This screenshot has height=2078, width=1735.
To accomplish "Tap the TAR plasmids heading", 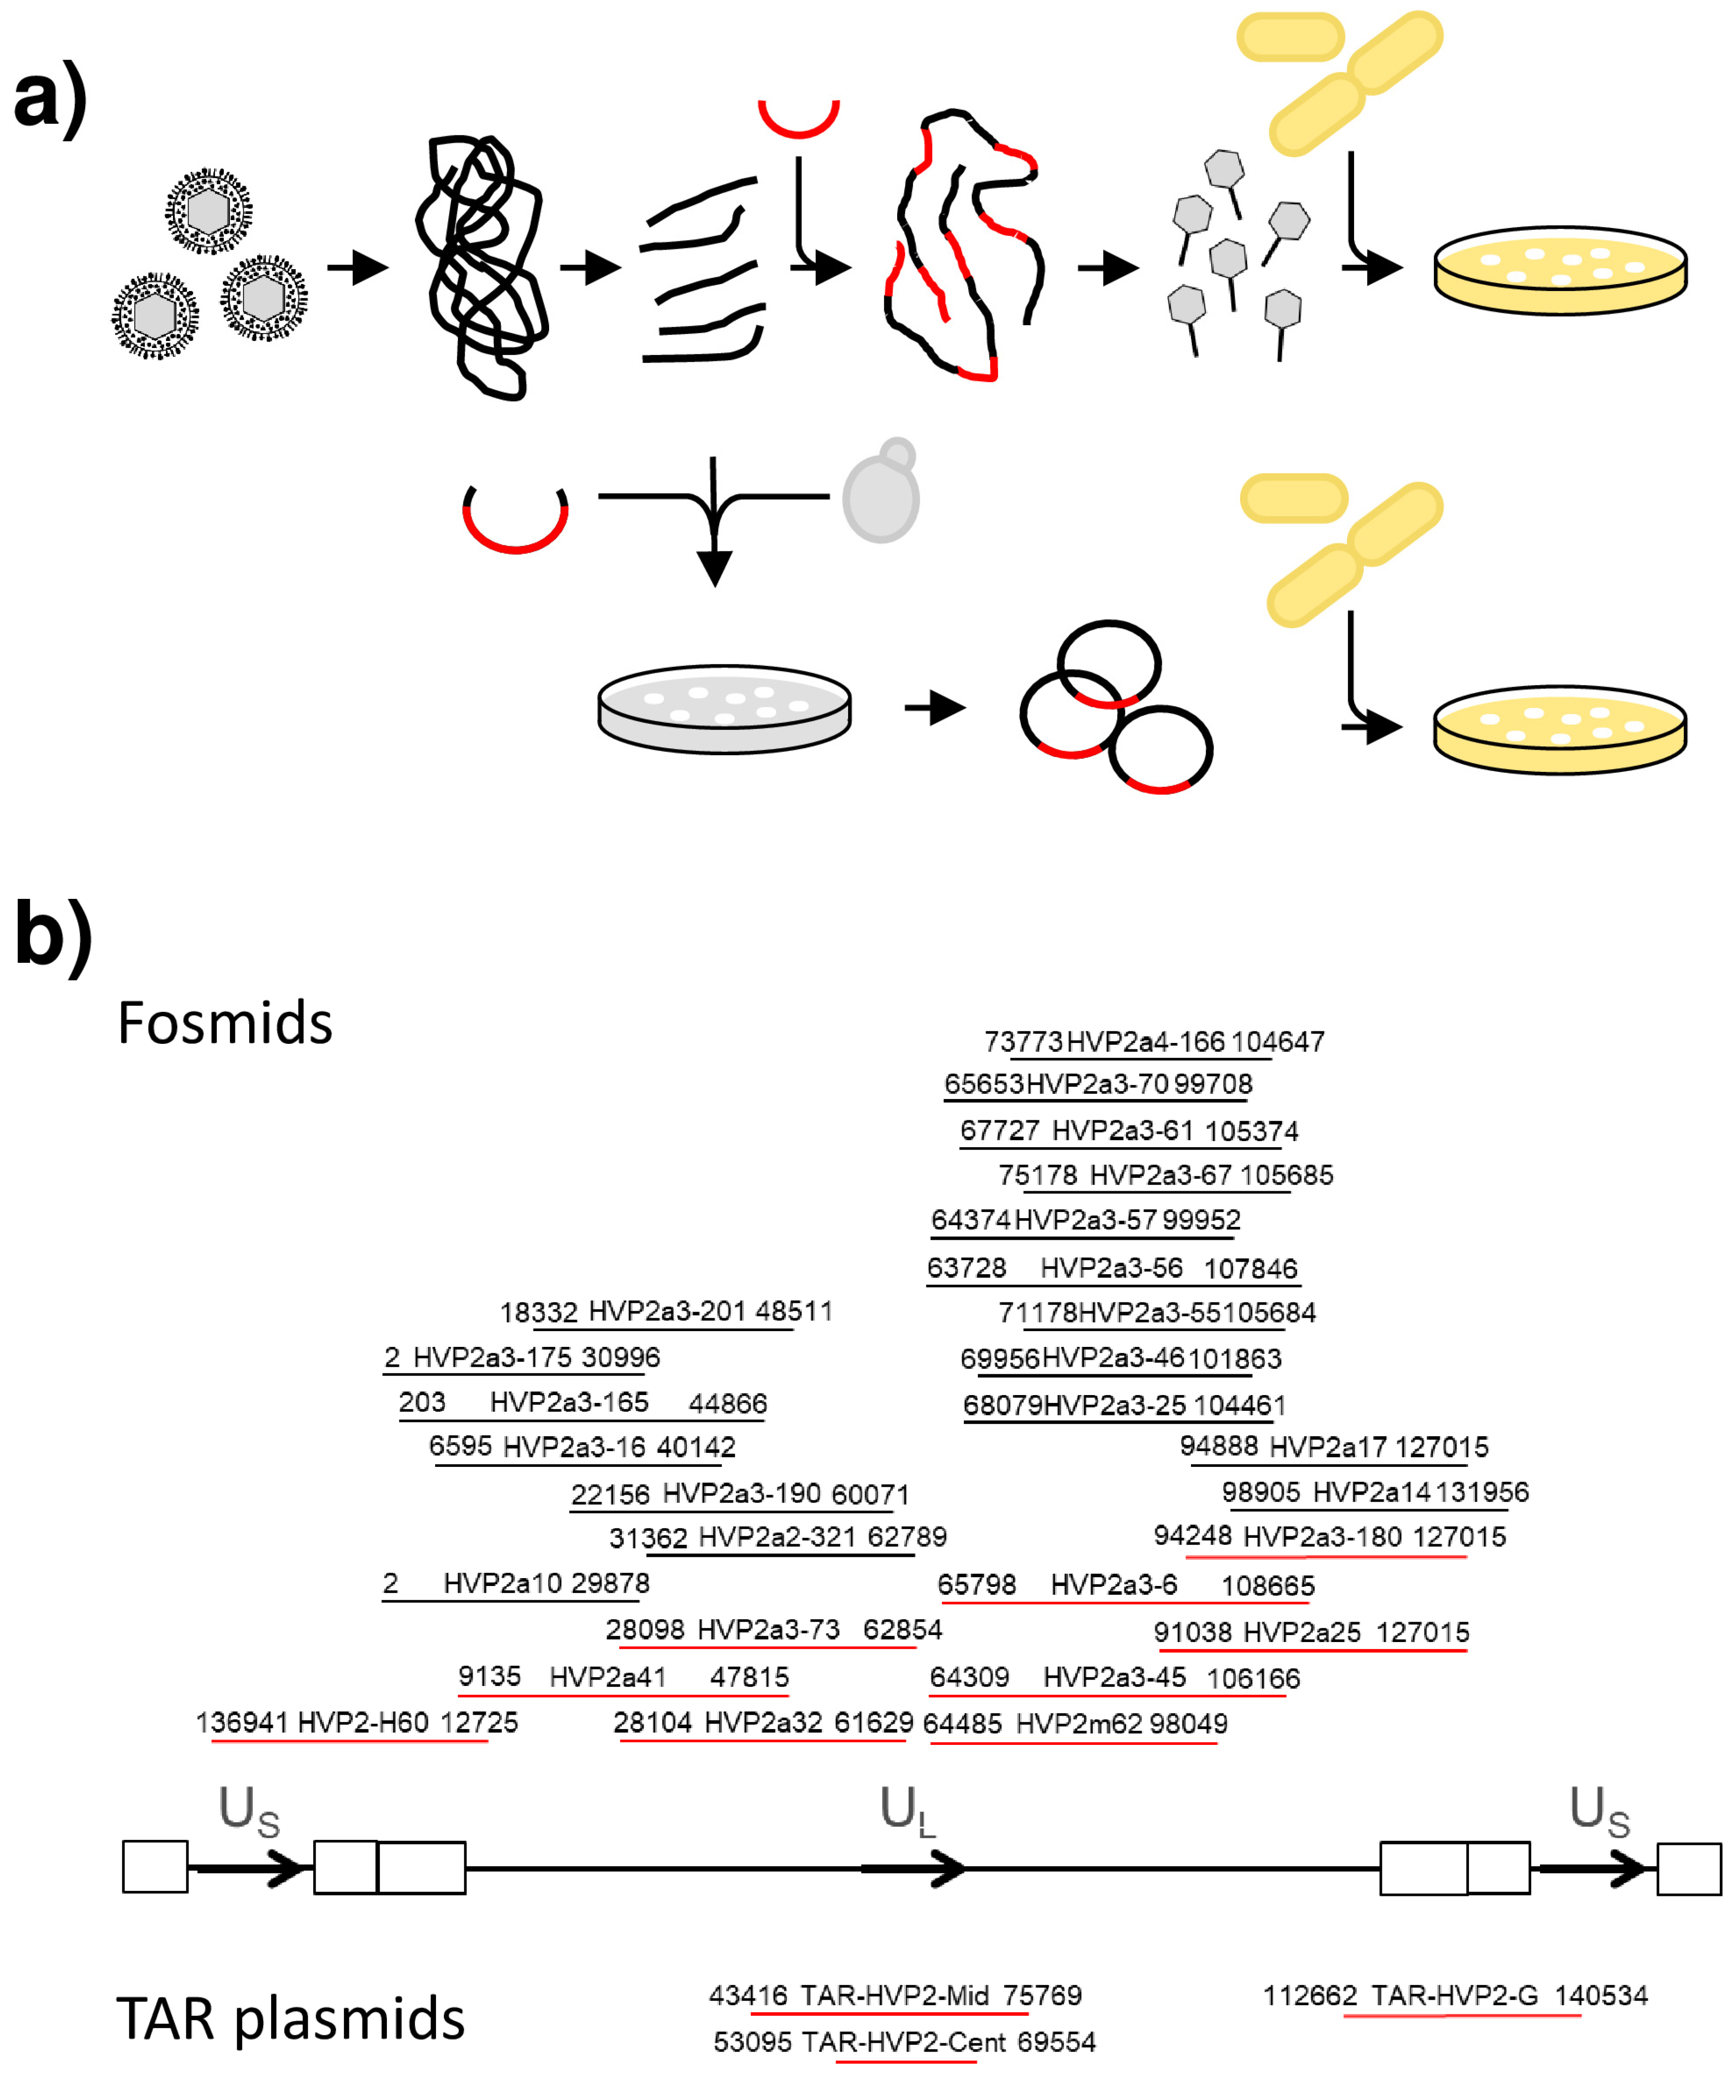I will point(290,2019).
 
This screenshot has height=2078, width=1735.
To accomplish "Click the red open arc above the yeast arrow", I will point(515,517).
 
